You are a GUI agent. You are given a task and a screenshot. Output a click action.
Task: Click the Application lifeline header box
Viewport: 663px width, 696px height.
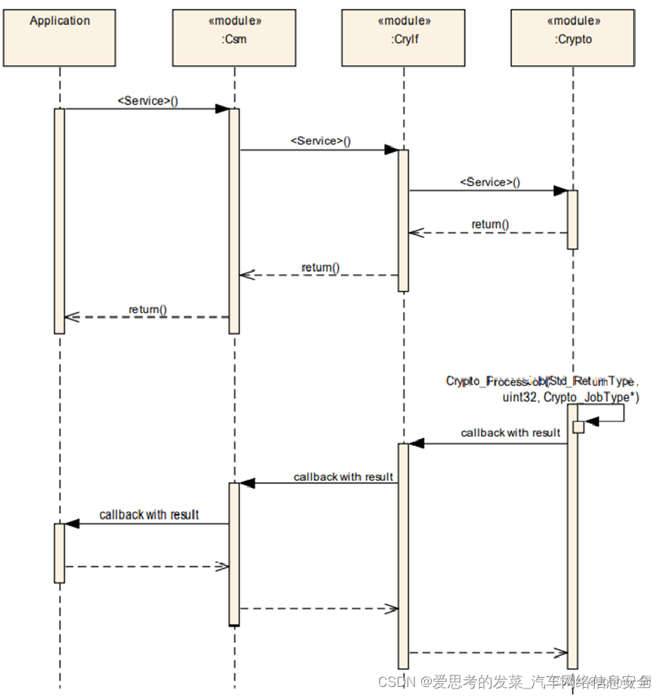coord(60,38)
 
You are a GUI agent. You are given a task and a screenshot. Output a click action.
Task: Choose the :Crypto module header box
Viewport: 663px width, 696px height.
coord(572,38)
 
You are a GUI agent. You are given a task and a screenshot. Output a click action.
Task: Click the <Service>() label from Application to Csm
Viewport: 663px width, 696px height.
coord(147,101)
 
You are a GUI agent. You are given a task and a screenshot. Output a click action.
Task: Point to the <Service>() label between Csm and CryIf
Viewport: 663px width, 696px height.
coord(321,141)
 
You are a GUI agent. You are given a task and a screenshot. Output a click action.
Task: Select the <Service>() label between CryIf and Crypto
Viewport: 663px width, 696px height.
coord(490,182)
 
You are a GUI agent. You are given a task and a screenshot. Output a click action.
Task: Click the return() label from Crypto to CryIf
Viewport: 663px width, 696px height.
coord(490,224)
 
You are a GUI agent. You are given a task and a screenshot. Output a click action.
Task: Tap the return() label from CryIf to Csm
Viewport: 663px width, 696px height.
coord(321,268)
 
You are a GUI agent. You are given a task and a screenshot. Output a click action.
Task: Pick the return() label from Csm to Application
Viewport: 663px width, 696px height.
coord(147,309)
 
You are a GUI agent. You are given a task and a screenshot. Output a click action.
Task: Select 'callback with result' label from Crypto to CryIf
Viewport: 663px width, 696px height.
coord(510,433)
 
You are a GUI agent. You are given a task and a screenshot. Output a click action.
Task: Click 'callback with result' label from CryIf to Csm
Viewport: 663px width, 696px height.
coord(343,477)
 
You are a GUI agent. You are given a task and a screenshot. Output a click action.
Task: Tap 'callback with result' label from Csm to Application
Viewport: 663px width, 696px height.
coord(149,515)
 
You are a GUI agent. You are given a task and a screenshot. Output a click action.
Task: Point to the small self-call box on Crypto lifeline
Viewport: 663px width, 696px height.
coord(578,427)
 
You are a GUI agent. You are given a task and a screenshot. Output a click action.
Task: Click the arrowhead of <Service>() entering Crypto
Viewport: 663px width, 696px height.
coord(560,190)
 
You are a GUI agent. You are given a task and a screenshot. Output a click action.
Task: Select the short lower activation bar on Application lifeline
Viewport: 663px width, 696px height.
coord(60,552)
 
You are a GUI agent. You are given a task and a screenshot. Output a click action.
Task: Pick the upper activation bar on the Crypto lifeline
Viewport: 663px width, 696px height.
coord(572,219)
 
